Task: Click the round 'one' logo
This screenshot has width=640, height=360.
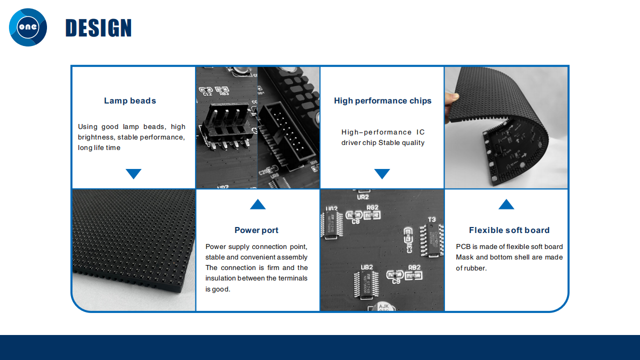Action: coord(28,27)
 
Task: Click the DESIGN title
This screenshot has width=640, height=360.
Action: coord(98,27)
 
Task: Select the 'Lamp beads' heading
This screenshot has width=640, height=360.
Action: coord(130,100)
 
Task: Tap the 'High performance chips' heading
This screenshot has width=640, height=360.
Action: coord(382,101)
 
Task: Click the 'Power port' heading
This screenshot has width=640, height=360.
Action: coord(256,230)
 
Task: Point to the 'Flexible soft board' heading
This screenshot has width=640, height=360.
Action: coord(509,230)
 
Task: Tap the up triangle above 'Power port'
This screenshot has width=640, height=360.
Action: coord(257,204)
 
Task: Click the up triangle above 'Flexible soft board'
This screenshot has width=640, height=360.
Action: coord(506,204)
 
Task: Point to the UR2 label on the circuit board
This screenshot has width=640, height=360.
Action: coord(363,197)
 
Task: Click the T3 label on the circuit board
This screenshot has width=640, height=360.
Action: coord(431,219)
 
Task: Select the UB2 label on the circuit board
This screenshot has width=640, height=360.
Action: coord(366,267)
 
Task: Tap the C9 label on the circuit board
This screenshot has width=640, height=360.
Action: coord(396,281)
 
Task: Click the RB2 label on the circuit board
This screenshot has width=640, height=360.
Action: coord(414,267)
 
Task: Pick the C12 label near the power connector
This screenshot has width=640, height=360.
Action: coord(207,94)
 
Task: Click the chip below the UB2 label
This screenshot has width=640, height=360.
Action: coord(366,285)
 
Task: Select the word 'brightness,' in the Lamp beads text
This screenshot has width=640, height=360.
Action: coord(96,137)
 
